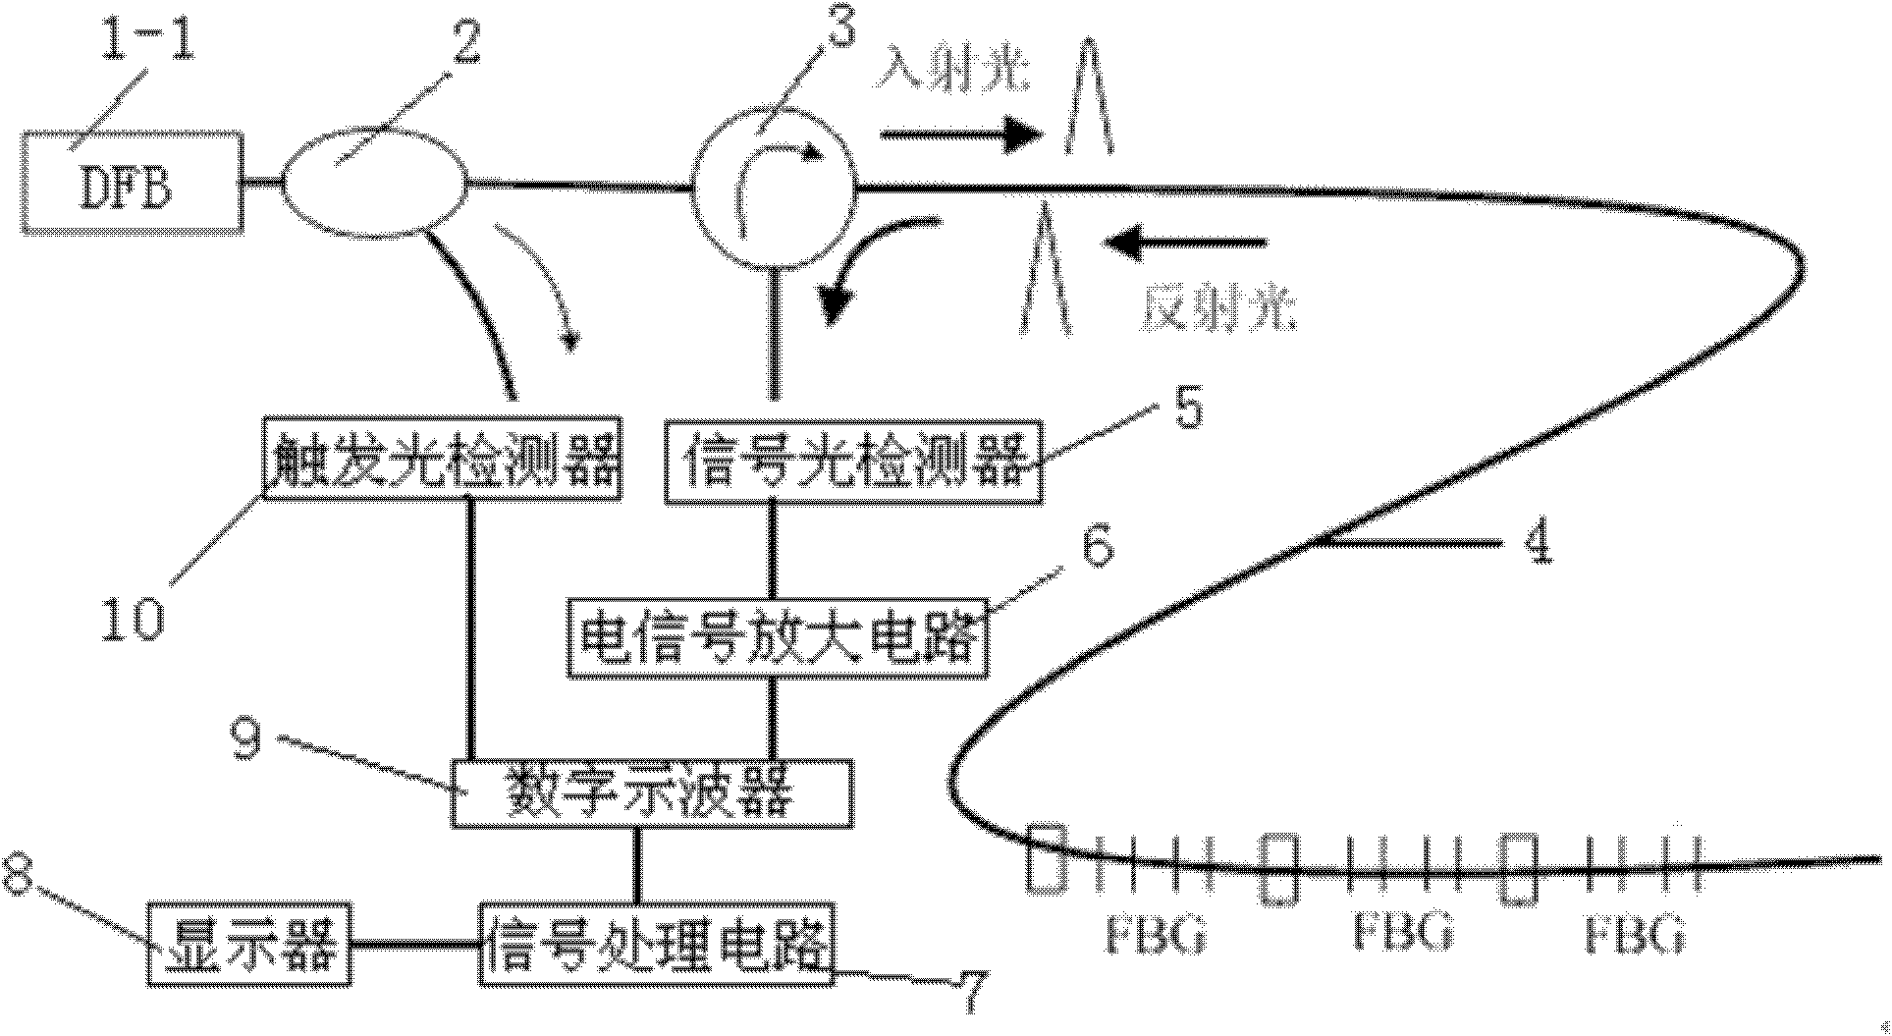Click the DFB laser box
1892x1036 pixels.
(x=132, y=184)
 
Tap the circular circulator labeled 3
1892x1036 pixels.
(x=774, y=185)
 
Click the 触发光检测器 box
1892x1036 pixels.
(x=443, y=459)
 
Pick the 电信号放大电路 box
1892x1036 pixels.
(x=778, y=638)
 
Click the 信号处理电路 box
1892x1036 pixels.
(x=658, y=944)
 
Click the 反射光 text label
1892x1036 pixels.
(x=1217, y=306)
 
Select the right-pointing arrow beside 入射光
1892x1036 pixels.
(x=959, y=136)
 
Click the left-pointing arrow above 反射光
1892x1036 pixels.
(x=1183, y=242)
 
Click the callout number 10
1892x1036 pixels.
(x=135, y=620)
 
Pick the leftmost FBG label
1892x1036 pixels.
(x=1155, y=933)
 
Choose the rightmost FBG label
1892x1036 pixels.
(x=1634, y=933)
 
